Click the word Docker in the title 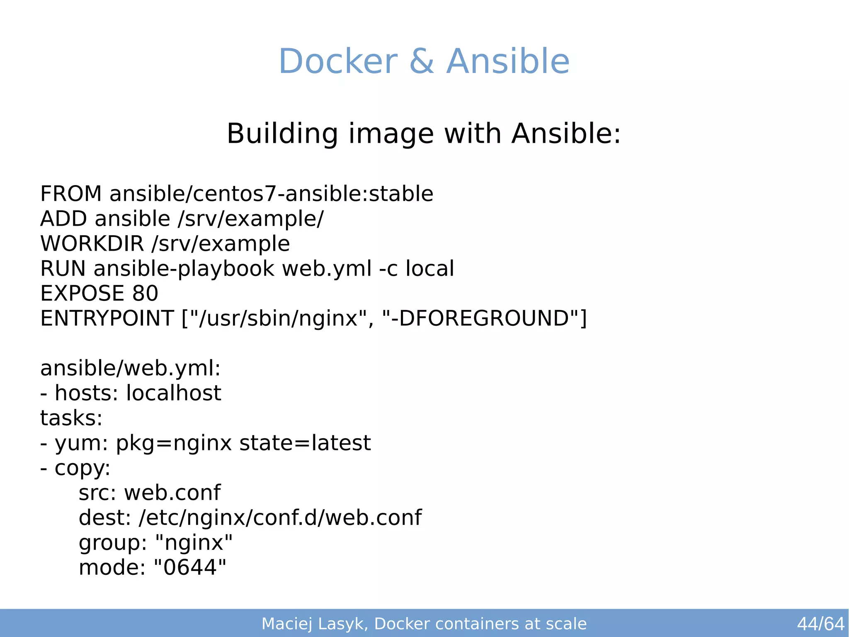click(x=338, y=61)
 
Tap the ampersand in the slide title click(x=422, y=61)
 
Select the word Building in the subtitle click(x=282, y=134)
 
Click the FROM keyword click(x=71, y=194)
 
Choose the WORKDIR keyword click(x=92, y=244)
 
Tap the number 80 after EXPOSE click(x=145, y=293)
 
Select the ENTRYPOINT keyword click(x=107, y=318)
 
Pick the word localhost click(x=173, y=393)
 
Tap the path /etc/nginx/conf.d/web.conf click(x=280, y=517)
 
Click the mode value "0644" click(x=190, y=567)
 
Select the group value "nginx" click(x=194, y=542)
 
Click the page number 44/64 click(x=820, y=624)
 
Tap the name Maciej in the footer click(x=286, y=624)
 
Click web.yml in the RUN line click(x=327, y=268)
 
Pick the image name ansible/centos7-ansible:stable click(x=271, y=194)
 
